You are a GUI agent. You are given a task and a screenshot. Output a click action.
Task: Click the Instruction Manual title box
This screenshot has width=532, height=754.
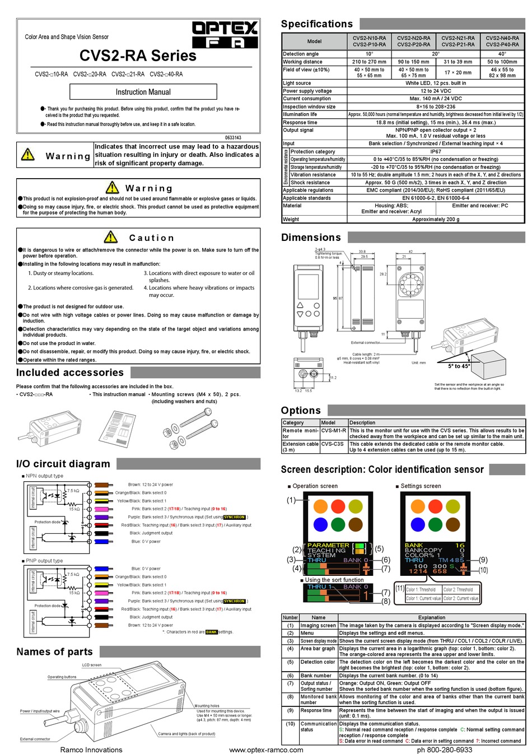click(143, 92)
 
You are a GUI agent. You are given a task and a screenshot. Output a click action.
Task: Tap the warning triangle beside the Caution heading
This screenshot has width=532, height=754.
click(111, 237)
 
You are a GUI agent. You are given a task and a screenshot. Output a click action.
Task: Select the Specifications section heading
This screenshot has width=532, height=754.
click(317, 24)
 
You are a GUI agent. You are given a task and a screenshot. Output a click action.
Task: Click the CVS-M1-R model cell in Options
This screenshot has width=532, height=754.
click(333, 431)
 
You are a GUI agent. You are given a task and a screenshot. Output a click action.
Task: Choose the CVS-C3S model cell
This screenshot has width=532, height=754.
click(333, 444)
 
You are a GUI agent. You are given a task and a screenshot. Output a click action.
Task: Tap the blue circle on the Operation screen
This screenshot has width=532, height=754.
click(320, 524)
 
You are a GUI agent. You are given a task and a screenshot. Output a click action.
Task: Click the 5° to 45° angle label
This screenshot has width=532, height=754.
click(459, 366)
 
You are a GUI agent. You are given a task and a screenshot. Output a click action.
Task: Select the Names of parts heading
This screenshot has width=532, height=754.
click(54, 651)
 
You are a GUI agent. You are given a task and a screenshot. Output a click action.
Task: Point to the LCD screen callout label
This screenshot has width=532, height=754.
click(92, 665)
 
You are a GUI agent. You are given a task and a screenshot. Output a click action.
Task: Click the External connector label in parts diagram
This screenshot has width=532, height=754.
click(35, 739)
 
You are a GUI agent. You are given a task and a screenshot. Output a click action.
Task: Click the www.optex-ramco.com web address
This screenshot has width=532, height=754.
click(266, 750)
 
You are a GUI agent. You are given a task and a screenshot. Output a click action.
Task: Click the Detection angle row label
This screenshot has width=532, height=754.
click(301, 54)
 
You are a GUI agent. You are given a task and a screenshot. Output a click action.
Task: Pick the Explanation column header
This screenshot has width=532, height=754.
click(431, 617)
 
